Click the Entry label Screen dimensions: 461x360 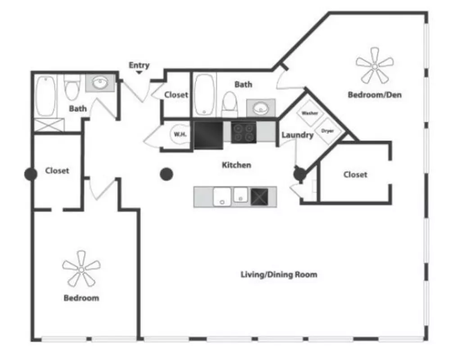tap(139, 65)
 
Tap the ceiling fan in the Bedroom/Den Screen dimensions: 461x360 tap(375, 66)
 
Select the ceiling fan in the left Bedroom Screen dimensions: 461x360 tap(81, 269)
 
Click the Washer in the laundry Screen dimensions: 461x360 tap(310, 113)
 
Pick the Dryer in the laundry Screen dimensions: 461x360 tap(328, 131)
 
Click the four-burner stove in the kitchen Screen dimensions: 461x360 tap(244, 133)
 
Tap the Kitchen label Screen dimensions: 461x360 tap(236, 165)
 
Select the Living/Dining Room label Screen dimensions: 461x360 tap(279, 274)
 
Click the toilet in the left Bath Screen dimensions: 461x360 tap(72, 88)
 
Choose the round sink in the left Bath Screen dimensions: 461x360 tap(100, 83)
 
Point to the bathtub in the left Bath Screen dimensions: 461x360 tap(45, 96)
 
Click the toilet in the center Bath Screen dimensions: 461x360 tap(229, 104)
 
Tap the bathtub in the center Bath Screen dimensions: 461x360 tap(204, 94)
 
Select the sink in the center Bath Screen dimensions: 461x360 tap(261, 108)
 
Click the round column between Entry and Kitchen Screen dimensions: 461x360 tap(167, 174)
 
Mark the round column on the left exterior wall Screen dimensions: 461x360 tap(31, 174)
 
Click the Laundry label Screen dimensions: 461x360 tap(298, 135)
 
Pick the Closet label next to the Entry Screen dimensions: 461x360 tap(176, 94)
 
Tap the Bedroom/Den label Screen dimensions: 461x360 tap(375, 94)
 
